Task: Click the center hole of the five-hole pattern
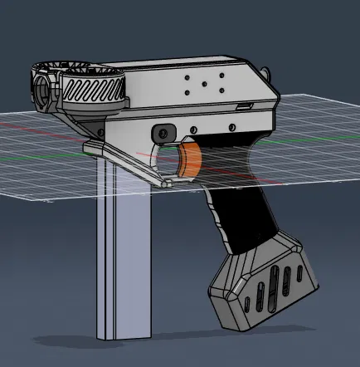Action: [205, 83]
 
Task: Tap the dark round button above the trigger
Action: [163, 133]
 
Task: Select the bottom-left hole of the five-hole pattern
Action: [189, 91]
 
